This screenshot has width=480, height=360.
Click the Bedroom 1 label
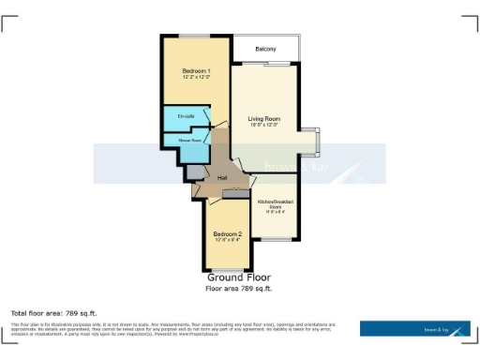(x=196, y=71)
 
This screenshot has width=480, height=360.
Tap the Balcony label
(x=266, y=48)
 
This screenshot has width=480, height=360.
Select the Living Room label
(x=264, y=119)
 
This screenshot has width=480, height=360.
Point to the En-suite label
(x=185, y=116)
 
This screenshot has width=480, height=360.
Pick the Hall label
(x=222, y=178)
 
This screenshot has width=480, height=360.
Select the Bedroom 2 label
(x=227, y=233)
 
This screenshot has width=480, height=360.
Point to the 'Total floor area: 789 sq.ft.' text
(x=53, y=312)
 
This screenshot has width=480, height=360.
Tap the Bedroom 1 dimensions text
(x=196, y=78)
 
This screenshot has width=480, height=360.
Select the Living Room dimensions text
(x=264, y=126)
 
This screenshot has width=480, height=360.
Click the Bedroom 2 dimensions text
(x=227, y=240)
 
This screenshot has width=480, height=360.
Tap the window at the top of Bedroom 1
(x=196, y=36)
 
